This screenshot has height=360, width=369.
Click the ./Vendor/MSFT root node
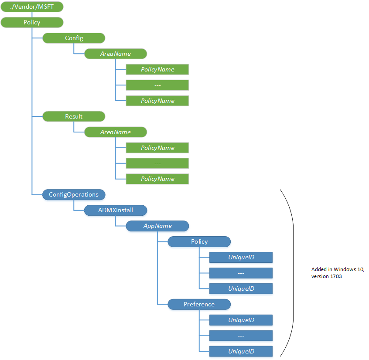[32, 7]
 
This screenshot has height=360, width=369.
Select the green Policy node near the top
[32, 22]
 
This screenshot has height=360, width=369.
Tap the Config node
[74, 38]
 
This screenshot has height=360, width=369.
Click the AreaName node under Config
[116, 54]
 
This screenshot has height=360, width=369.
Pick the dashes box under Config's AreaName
[157, 85]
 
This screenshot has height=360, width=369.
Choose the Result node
[74, 116]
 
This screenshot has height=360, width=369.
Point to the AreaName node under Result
[116, 132]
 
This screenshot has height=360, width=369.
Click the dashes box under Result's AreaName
[157, 163]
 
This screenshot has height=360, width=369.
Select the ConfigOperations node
[74, 194]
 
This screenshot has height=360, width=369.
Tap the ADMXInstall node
[116, 210]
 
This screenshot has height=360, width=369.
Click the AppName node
[157, 226]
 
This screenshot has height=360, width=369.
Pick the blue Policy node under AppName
[199, 241]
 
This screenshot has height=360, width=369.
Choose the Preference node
[199, 304]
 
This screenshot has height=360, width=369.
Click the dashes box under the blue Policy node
[241, 273]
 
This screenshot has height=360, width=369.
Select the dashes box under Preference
[241, 336]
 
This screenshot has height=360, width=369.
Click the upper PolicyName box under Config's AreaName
[157, 69]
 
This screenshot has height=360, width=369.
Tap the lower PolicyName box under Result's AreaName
[157, 179]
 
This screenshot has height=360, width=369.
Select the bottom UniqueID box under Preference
[241, 351]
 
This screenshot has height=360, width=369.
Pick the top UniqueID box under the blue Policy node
[241, 257]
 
